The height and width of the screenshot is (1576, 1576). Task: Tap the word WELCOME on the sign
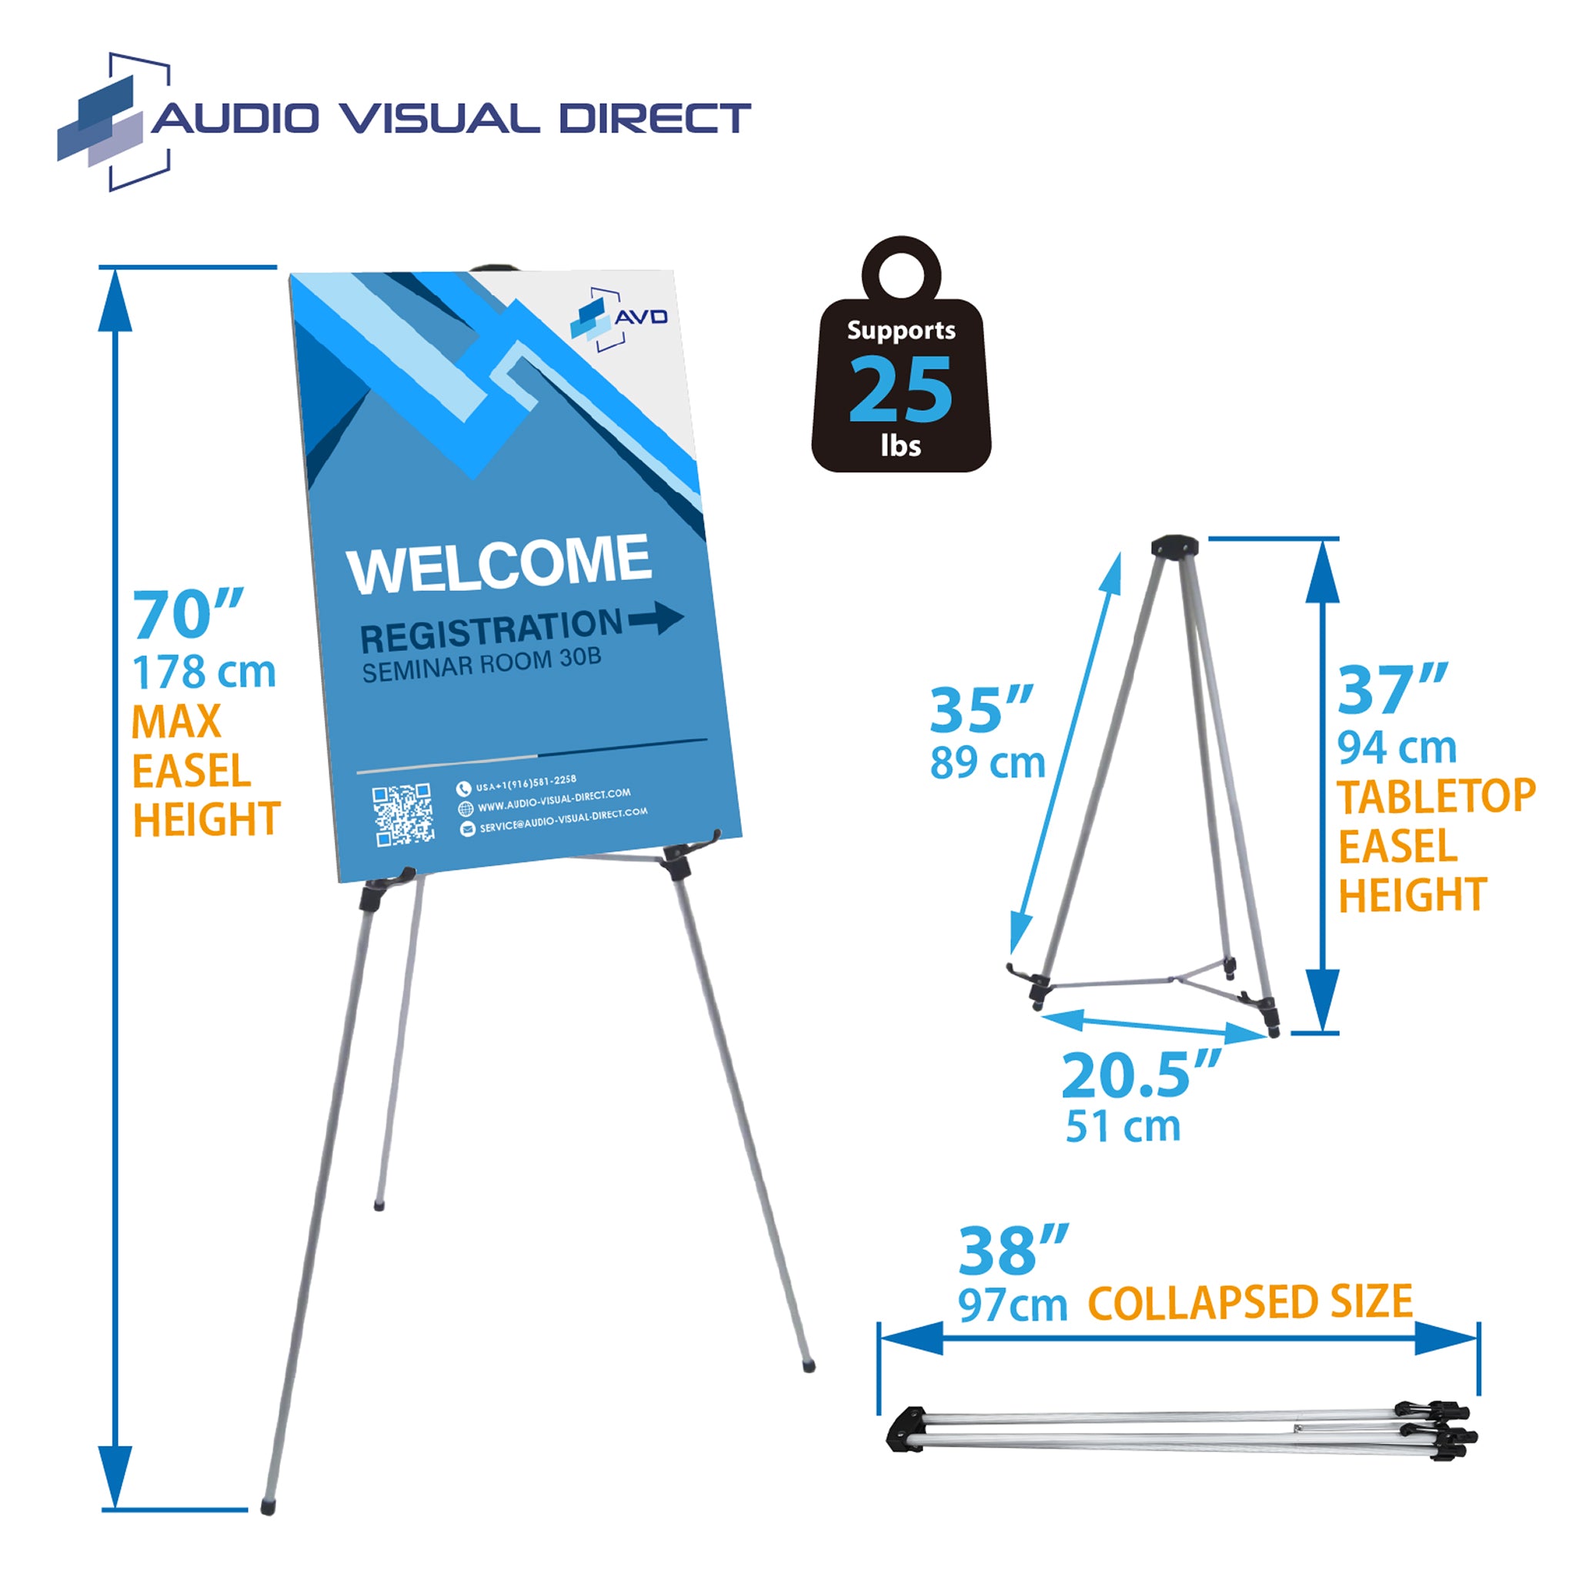click(499, 563)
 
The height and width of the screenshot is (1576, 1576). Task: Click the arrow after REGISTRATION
click(656, 619)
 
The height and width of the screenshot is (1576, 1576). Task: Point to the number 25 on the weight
click(900, 391)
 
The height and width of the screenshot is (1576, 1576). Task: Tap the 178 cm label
click(204, 673)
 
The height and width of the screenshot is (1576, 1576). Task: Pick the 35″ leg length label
click(981, 710)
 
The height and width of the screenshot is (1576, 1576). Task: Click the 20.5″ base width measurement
click(1141, 1075)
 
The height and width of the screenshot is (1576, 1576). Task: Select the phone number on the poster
click(526, 784)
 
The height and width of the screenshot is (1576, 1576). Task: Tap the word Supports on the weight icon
click(900, 330)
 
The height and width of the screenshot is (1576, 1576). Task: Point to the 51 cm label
click(1123, 1127)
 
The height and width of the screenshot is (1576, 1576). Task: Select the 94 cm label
click(1397, 747)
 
